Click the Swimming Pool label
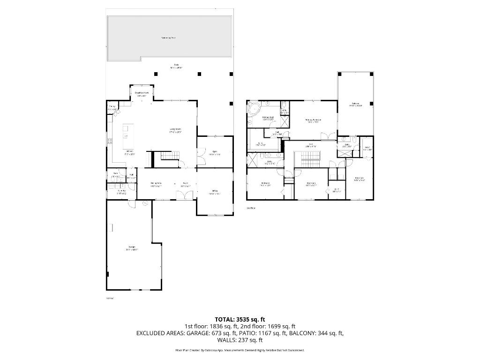tap(168, 37)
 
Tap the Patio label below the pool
tap(176, 66)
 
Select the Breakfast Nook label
tap(142, 94)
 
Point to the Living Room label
tap(175, 130)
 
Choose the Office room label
tap(215, 191)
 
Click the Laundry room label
tap(121, 192)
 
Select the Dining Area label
tap(156, 184)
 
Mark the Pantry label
tap(112, 107)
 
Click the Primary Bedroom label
tap(313, 120)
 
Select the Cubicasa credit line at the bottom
tap(240, 350)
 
